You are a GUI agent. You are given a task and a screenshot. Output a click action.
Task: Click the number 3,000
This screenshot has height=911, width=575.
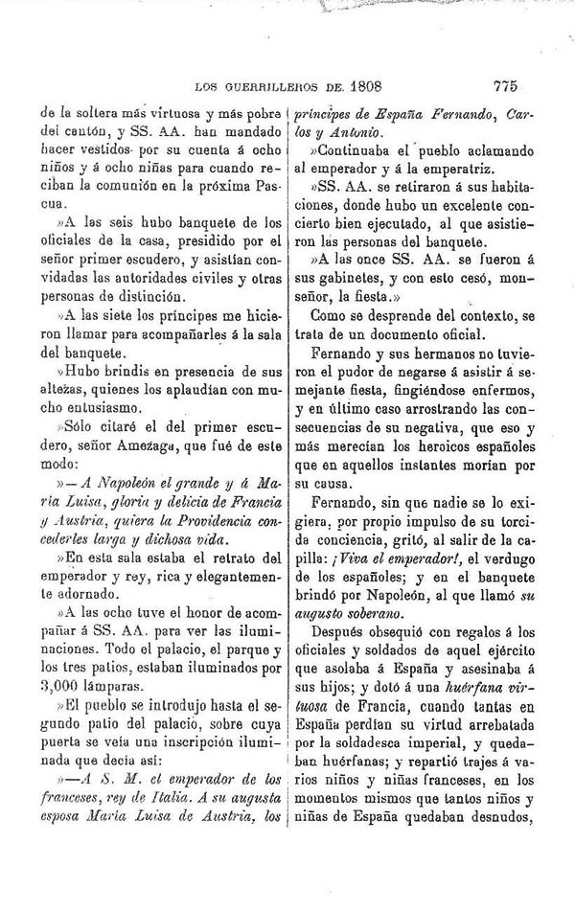pos(63,686)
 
